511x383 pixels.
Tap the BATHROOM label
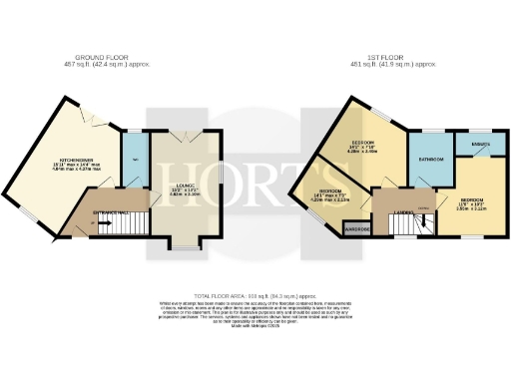430,160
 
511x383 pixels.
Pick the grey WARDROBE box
357,229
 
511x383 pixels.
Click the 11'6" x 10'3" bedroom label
472,205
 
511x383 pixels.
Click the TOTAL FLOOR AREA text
255,295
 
